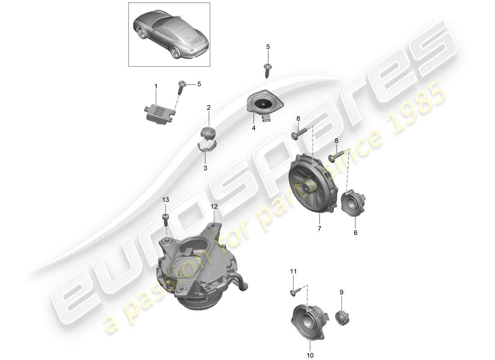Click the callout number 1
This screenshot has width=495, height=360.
point(156,86)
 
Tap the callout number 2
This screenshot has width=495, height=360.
point(209,108)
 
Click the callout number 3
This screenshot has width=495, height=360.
point(205,168)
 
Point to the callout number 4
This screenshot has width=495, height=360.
point(253,128)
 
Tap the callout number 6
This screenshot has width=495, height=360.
point(355,233)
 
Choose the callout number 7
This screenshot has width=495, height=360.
point(319,229)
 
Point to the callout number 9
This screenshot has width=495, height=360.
point(342,292)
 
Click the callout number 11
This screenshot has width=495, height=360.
point(293,271)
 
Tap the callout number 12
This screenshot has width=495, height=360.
point(214,207)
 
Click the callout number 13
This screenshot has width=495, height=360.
point(166,200)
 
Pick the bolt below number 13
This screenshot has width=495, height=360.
point(165,220)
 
